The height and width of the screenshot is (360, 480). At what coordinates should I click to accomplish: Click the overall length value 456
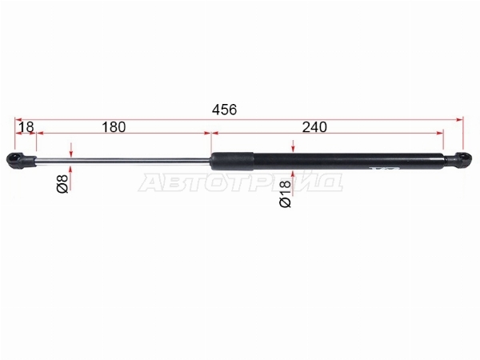click(x=224, y=110)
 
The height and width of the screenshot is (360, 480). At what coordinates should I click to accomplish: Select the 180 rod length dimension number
click(x=114, y=127)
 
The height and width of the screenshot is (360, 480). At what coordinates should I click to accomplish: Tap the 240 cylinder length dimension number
click(x=314, y=127)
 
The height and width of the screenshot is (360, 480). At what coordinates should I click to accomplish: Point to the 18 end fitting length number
click(x=26, y=127)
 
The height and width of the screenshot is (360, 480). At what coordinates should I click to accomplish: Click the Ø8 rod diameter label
click(x=62, y=184)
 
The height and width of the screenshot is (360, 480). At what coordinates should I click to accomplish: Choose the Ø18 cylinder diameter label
click(x=286, y=194)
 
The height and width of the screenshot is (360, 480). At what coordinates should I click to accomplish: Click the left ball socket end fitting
click(x=22, y=160)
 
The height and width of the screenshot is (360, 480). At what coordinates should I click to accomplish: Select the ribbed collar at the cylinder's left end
click(x=232, y=161)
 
